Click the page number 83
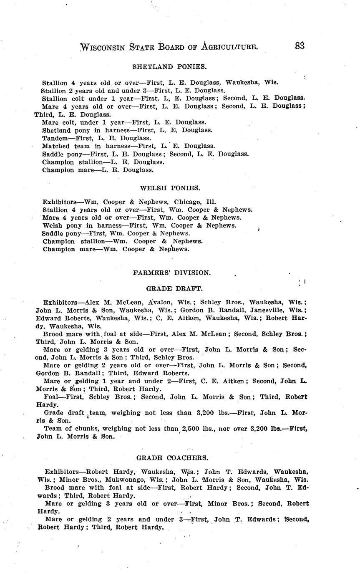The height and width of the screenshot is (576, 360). click(300, 46)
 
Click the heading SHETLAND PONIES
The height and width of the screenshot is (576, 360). click(169, 66)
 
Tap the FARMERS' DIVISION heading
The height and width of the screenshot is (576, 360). click(172, 273)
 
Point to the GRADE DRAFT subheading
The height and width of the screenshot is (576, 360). click(174, 288)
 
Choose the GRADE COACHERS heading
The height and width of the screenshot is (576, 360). click(172, 458)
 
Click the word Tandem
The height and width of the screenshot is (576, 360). click(55, 138)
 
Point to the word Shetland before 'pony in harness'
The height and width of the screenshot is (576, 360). click(56, 130)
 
